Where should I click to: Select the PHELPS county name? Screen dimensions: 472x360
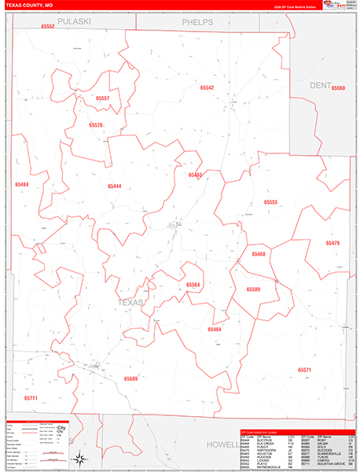[197, 22]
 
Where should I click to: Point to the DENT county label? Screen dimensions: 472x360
[321, 84]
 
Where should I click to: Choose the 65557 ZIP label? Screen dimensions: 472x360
[103, 98]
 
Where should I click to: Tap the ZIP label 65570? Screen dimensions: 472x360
[96, 125]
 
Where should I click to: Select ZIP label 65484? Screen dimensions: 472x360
[21, 184]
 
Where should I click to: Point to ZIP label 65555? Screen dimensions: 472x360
[270, 202]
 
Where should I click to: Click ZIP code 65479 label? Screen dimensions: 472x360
[332, 243]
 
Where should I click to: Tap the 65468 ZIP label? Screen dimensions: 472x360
[259, 254]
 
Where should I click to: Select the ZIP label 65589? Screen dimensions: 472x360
[253, 289]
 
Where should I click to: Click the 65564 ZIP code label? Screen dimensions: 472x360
[193, 285]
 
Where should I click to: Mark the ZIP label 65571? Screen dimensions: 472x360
[305, 370]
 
